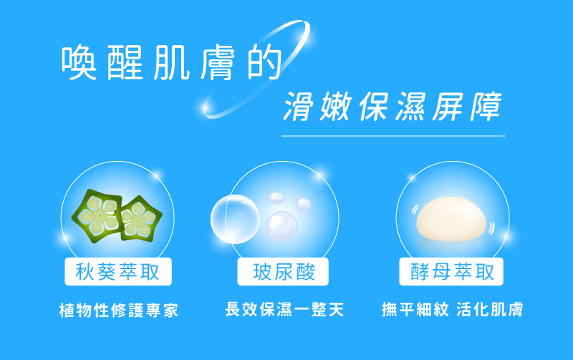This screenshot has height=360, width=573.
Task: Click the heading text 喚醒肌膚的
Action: pyautogui.click(x=171, y=62)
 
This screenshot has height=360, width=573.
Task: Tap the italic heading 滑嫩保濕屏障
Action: pyautogui.click(x=393, y=106)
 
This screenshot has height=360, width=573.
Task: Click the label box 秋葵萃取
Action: pyautogui.click(x=118, y=272)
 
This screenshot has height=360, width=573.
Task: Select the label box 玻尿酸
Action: pyautogui.click(x=283, y=272)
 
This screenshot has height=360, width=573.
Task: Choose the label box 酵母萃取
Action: pyautogui.click(x=451, y=272)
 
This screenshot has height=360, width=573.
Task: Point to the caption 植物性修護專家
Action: pyautogui.click(x=119, y=310)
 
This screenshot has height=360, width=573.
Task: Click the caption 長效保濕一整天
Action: pyautogui.click(x=284, y=309)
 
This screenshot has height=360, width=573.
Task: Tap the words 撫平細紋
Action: pyautogui.click(x=415, y=309)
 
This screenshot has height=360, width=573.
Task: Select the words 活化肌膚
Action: pyautogui.click(x=490, y=309)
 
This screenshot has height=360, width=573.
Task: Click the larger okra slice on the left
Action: pyautogui.click(x=97, y=215)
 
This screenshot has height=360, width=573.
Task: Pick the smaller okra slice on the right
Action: pyautogui.click(x=140, y=219)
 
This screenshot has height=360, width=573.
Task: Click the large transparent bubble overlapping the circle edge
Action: pyautogui.click(x=235, y=219)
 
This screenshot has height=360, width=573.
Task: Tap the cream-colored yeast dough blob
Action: pyautogui.click(x=451, y=219)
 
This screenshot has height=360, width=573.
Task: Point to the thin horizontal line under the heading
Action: pyautogui.click(x=393, y=136)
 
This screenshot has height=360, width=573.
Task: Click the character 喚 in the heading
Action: pyautogui.click(x=79, y=62)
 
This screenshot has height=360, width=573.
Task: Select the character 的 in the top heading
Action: pyautogui.click(x=264, y=62)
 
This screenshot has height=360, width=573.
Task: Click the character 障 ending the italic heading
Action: pyautogui.click(x=486, y=106)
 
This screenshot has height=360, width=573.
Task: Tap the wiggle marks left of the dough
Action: pyautogui.click(x=415, y=210)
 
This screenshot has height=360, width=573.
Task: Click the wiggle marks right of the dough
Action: pyautogui.click(x=491, y=228)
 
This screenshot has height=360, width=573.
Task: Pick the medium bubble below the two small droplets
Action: pyautogui.click(x=281, y=226)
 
